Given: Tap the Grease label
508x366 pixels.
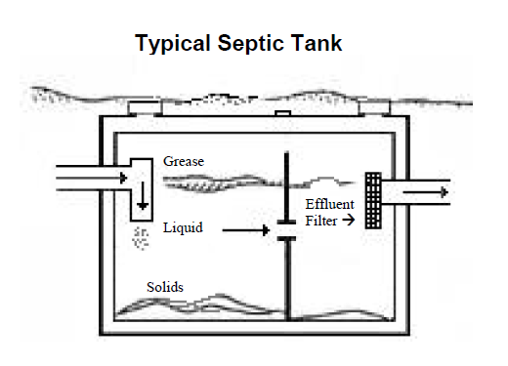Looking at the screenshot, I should click(x=184, y=161).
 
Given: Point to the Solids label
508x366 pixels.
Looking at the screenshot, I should click(x=163, y=288).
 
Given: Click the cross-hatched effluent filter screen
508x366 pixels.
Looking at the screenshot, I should click(x=372, y=200).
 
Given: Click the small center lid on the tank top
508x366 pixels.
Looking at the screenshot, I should click(x=283, y=114).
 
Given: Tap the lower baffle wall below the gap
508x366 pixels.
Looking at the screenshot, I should click(x=285, y=283).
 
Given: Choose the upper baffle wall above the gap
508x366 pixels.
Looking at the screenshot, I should click(x=285, y=185).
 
